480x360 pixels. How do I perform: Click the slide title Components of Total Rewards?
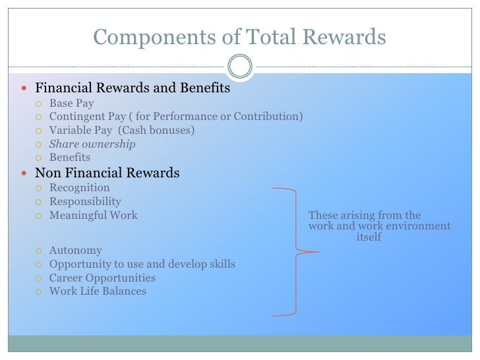[239, 38]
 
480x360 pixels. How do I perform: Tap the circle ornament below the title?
[239, 66]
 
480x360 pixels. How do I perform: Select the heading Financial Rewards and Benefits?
[133, 88]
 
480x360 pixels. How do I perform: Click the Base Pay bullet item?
[71, 104]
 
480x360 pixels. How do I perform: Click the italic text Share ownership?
[92, 144]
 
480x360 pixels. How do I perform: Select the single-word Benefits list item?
[70, 158]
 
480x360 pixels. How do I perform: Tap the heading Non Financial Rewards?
[107, 173]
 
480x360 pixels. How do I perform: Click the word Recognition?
[79, 188]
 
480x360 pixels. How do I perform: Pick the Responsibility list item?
[85, 202]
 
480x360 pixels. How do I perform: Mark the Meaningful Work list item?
[94, 215]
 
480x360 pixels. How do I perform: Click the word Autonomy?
[75, 251]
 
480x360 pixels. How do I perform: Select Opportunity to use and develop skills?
[142, 264]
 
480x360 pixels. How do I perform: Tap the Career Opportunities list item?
[102, 278]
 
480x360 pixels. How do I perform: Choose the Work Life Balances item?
[98, 291]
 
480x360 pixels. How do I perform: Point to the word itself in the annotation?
[369, 237]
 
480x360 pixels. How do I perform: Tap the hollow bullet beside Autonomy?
[39, 251]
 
